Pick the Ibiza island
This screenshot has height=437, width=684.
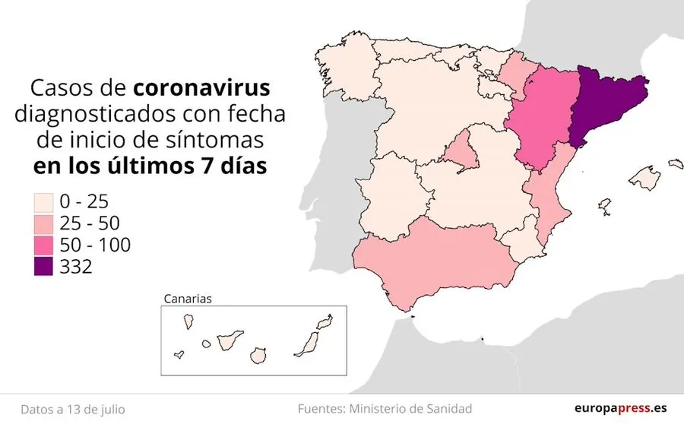coord(605,206)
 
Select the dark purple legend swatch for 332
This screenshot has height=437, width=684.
coord(43,267)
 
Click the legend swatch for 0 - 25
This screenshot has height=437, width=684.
coord(43,202)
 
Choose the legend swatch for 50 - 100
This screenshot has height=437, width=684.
coord(43,245)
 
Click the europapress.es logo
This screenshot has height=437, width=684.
coord(620,409)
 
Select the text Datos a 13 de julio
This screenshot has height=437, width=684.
coord(73,410)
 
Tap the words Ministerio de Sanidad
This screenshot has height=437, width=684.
coord(411,409)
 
